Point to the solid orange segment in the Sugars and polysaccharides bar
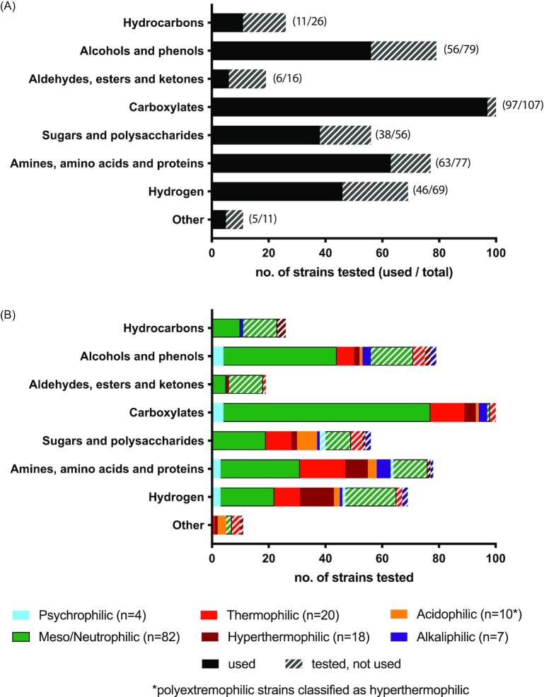pyautogui.click(x=306, y=440)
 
